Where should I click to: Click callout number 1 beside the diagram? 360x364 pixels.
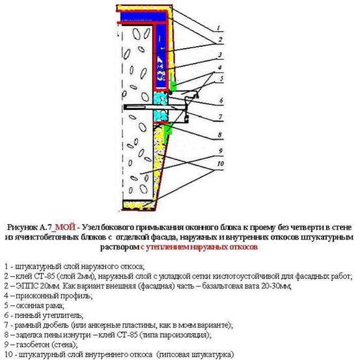221,28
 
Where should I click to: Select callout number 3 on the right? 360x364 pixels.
221,55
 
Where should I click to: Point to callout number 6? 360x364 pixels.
221,100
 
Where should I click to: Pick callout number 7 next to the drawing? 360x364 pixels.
221,117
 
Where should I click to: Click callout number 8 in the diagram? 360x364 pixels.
221,135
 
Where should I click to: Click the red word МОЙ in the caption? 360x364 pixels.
66,229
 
